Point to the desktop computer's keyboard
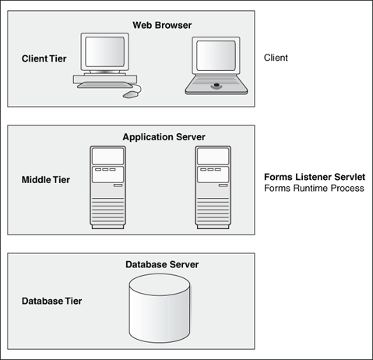coord(100,84)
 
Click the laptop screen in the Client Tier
coord(218,56)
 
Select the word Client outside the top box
coord(277,58)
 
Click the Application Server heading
coord(164,137)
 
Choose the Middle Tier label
coord(45,180)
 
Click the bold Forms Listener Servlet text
coord(314,177)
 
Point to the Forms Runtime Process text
coord(314,189)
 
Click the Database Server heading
coord(162,265)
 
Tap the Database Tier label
coord(51,301)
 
